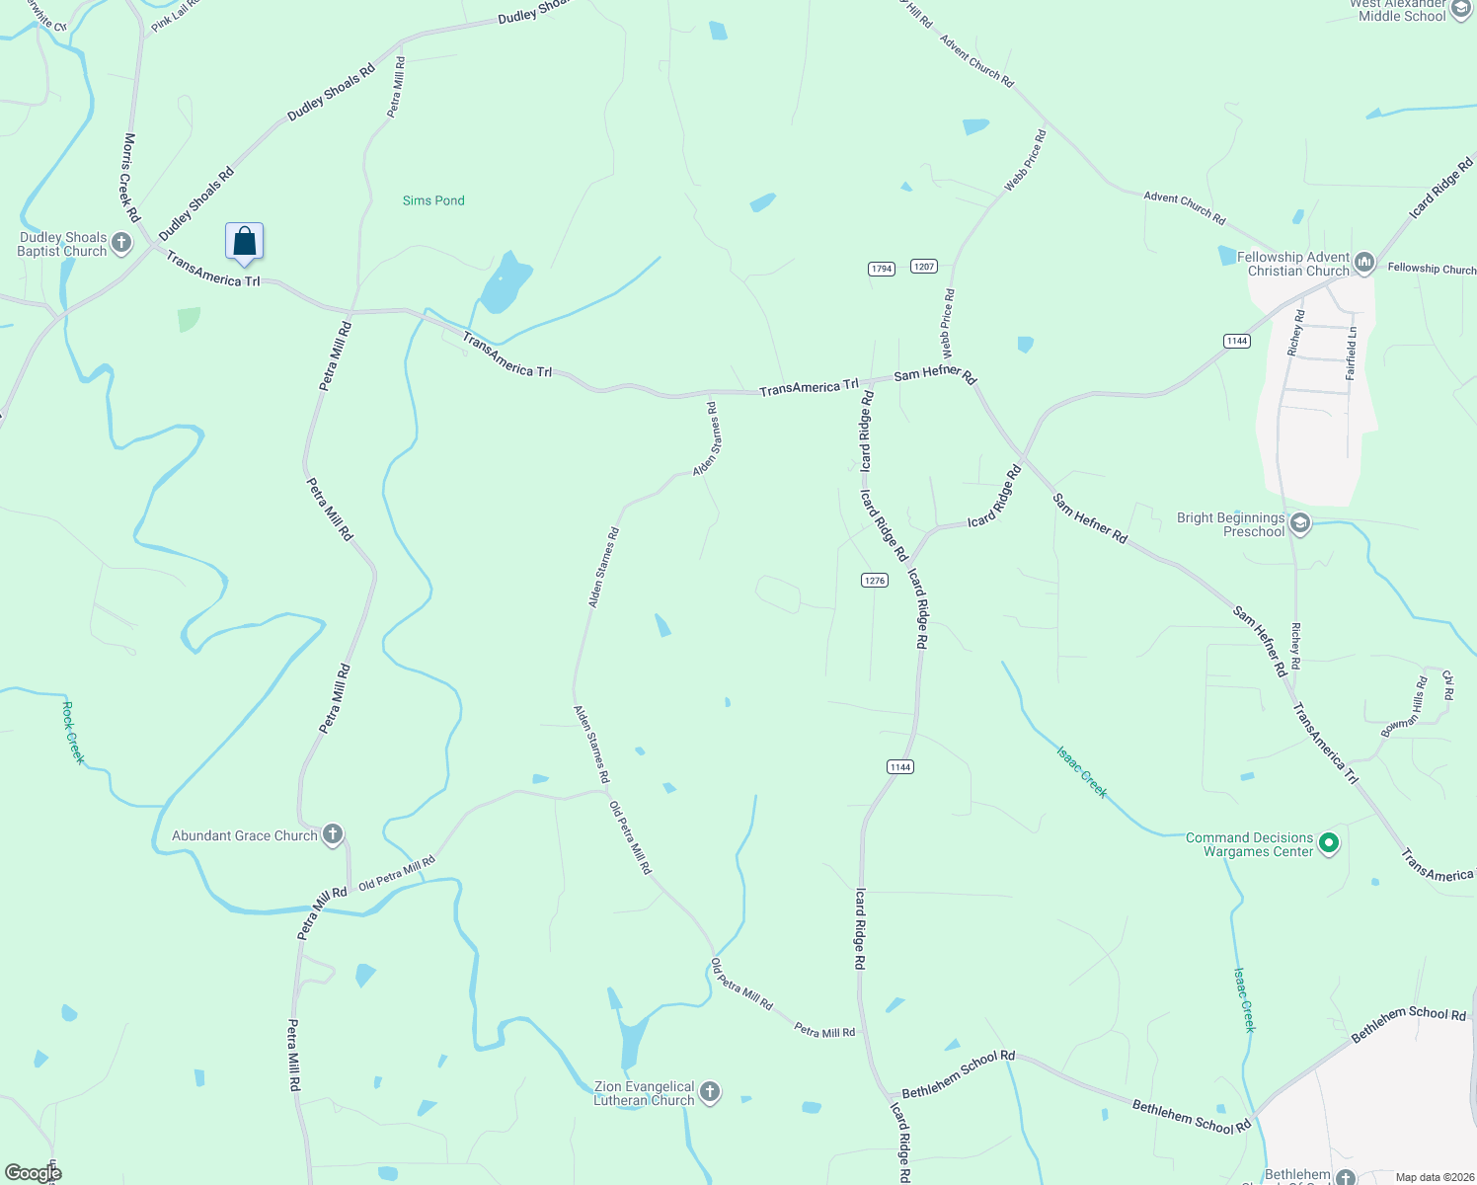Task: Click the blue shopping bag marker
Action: pyautogui.click(x=244, y=241)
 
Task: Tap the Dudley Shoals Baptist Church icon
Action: pyautogui.click(x=121, y=243)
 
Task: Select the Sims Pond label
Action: pyautogui.click(x=433, y=200)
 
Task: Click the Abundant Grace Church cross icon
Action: pyautogui.click(x=333, y=834)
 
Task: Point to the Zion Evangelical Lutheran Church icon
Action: pyautogui.click(x=709, y=1092)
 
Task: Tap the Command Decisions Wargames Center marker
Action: pyautogui.click(x=1329, y=843)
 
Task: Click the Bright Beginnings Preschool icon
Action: pyautogui.click(x=1300, y=523)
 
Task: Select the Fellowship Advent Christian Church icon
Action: pyautogui.click(x=1364, y=263)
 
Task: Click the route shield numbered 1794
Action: pyautogui.click(x=881, y=269)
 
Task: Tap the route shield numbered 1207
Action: pyautogui.click(x=923, y=267)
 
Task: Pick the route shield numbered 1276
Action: pyautogui.click(x=874, y=581)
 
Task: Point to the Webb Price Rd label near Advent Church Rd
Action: pyautogui.click(x=1025, y=161)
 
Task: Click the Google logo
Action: pyautogui.click(x=33, y=1173)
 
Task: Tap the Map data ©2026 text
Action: pyautogui.click(x=1431, y=1177)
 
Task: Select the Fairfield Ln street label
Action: pyautogui.click(x=1352, y=354)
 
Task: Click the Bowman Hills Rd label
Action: pyautogui.click(x=1404, y=707)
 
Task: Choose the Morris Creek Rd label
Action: pyautogui.click(x=130, y=178)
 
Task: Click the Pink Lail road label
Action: pyautogui.click(x=175, y=17)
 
